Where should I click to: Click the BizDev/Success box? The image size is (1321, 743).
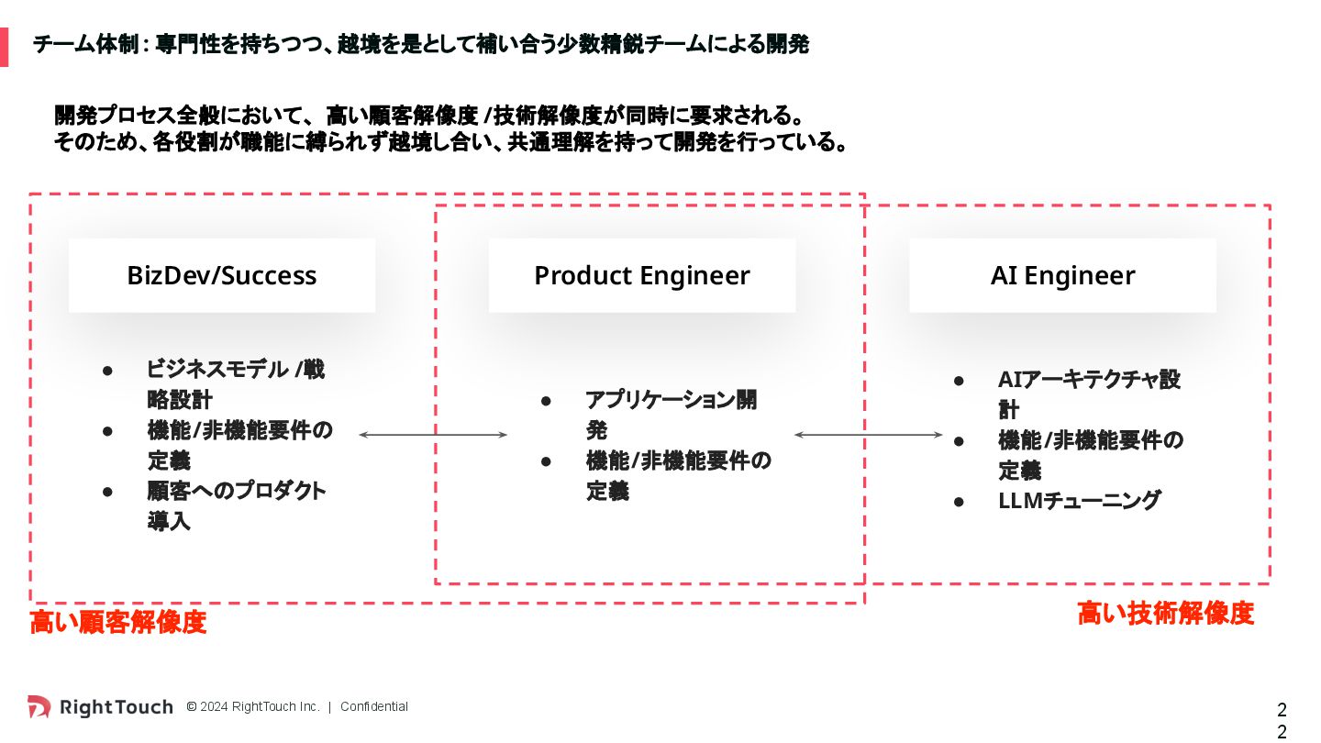(x=222, y=275)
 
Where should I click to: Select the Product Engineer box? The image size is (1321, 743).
(x=642, y=275)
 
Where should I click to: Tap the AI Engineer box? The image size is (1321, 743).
(x=1062, y=275)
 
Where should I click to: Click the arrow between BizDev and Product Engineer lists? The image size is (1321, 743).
(x=433, y=435)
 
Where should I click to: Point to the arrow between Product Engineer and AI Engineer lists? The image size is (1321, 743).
(x=868, y=435)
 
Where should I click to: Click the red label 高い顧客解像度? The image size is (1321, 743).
(x=118, y=622)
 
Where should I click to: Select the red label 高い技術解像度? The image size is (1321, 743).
(x=1165, y=614)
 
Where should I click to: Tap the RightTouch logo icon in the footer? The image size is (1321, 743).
(x=39, y=706)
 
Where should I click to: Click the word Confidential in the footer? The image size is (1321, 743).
(x=374, y=706)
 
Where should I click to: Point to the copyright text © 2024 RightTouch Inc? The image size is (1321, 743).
(x=253, y=706)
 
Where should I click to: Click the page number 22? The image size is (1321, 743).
(x=1282, y=720)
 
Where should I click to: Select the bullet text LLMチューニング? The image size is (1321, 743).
(x=1080, y=501)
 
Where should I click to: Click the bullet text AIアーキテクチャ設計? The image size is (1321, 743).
(x=1089, y=394)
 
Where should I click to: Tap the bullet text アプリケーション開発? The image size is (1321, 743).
(x=672, y=415)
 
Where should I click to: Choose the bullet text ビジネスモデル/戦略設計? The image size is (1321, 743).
(x=235, y=384)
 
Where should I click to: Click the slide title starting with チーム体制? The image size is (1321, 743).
(x=421, y=44)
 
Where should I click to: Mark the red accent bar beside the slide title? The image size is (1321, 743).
(x=4, y=47)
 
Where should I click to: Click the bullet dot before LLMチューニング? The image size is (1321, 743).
(x=959, y=502)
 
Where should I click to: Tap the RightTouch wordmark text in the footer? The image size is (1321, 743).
(x=117, y=706)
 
